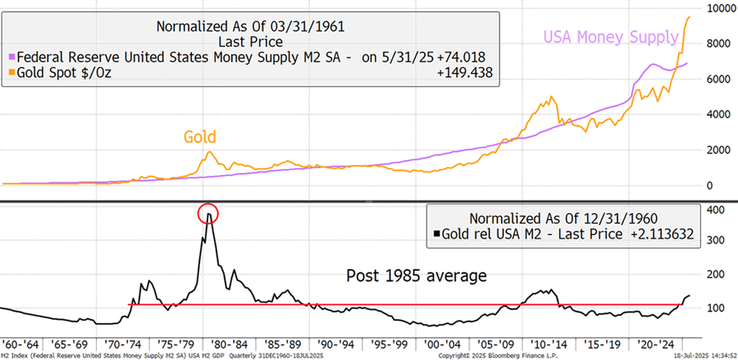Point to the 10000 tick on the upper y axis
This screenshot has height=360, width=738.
[714, 8]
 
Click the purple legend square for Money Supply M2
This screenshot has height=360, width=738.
[11, 58]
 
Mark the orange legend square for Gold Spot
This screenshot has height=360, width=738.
[11, 74]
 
